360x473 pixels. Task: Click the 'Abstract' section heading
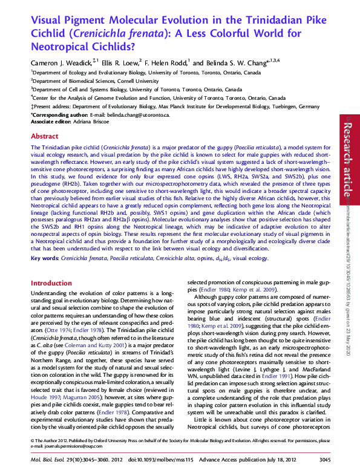click(44, 136)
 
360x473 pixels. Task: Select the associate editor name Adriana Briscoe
click(91, 122)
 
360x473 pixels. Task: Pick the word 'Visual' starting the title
click(46, 20)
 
